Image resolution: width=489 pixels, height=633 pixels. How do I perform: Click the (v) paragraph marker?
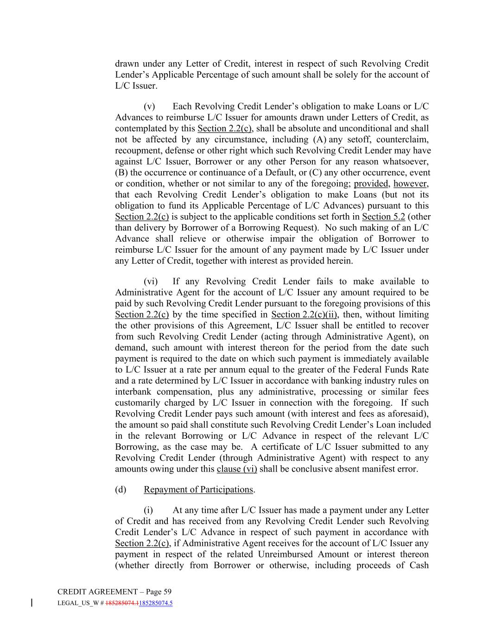coord(149,106)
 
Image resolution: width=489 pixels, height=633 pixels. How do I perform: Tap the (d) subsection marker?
coord(121,490)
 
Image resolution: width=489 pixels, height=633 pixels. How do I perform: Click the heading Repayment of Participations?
coord(198,490)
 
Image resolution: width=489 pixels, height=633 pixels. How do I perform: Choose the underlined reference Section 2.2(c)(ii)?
coord(304,314)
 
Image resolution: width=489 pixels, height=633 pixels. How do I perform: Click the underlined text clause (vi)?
coord(237,469)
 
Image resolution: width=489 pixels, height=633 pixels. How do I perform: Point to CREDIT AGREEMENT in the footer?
coord(97,592)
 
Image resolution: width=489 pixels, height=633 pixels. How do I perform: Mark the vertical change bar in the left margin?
coord(32,603)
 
